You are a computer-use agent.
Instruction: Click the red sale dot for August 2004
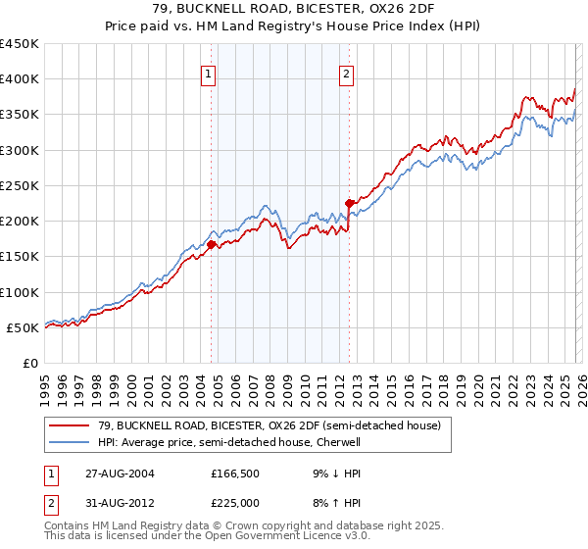click(212, 245)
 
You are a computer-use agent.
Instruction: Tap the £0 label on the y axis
click(30, 363)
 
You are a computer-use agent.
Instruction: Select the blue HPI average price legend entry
click(229, 442)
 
